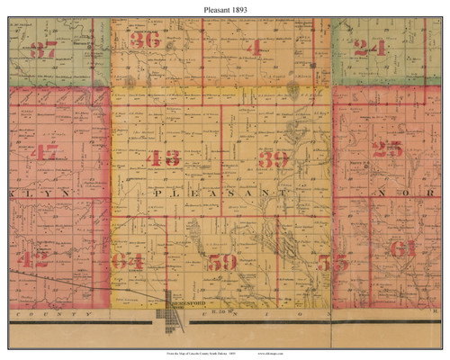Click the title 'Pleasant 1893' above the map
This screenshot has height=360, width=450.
(225, 7)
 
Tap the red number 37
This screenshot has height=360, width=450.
(43, 50)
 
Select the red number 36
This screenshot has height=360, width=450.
(145, 40)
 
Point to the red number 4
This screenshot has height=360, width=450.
(256, 45)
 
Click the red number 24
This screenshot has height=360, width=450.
(369, 49)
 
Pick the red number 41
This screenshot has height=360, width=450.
(42, 153)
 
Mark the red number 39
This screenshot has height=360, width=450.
(274, 160)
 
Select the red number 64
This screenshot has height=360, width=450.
(129, 262)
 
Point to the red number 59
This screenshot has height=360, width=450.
(221, 263)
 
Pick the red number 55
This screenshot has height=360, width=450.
(332, 263)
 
